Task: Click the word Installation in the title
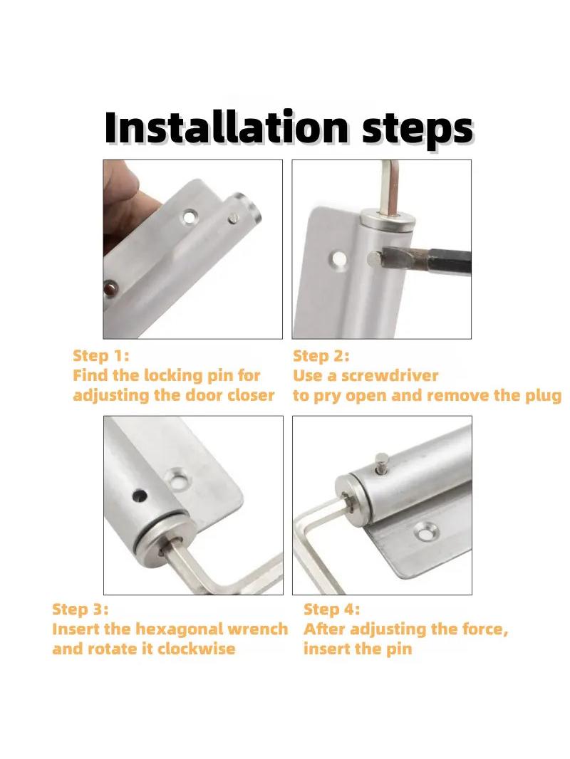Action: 227,127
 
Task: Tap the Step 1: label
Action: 101,356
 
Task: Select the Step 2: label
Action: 321,356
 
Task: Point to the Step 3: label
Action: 81,609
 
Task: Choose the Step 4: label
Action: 332,609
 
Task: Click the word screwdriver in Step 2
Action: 390,376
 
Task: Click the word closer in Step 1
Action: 251,395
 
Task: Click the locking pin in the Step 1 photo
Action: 234,219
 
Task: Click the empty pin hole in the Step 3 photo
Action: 140,495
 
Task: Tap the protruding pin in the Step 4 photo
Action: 383,462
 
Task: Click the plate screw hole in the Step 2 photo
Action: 338,258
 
